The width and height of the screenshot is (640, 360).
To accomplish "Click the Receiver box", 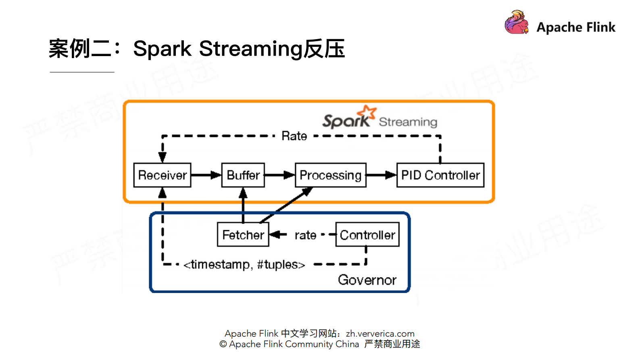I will (162, 175).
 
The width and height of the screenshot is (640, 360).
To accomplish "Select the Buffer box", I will (243, 175).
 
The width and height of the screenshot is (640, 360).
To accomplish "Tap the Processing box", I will (330, 175).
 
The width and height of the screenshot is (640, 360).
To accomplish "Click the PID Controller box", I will (440, 175).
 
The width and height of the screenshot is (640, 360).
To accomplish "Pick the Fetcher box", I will (243, 234).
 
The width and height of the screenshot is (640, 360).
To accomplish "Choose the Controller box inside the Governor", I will (367, 234).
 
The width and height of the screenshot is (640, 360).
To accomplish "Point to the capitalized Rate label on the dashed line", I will (294, 136).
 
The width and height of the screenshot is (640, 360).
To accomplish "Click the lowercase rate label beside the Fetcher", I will (305, 235).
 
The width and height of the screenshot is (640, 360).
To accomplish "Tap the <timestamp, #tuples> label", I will (244, 264).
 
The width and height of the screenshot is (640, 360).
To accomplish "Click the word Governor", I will (367, 280).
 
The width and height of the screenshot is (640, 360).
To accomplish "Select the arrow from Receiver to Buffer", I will (206, 175).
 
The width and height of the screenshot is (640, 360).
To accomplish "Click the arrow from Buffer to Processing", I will (279, 175).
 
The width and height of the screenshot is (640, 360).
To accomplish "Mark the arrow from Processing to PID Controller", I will (381, 175).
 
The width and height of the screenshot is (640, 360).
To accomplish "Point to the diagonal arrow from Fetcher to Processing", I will (286, 205).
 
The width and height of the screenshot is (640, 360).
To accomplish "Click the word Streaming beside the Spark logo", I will (408, 122).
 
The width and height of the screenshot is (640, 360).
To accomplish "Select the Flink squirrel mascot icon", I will (516, 23).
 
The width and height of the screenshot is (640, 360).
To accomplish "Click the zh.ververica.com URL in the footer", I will (380, 333).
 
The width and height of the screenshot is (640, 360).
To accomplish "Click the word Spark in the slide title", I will (162, 49).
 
